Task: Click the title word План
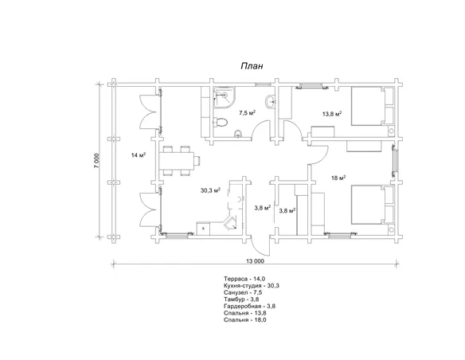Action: pyautogui.click(x=252, y=66)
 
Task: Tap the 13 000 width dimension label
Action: pyautogui.click(x=255, y=261)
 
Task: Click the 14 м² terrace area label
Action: pyautogui.click(x=138, y=155)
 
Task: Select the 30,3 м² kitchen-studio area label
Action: pyautogui.click(x=210, y=190)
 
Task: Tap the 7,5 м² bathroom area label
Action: pyautogui.click(x=248, y=113)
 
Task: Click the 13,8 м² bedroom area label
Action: pyautogui.click(x=332, y=114)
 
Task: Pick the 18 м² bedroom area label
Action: pyautogui.click(x=338, y=178)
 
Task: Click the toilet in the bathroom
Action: pyautogui.click(x=220, y=122)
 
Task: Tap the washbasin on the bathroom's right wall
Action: pyautogui.click(x=271, y=102)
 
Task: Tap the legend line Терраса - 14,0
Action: pyautogui.click(x=244, y=279)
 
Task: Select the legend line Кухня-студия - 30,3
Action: pyautogui.click(x=252, y=286)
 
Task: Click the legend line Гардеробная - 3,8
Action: pyautogui.click(x=249, y=306)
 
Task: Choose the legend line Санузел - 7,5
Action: pyautogui.click(x=243, y=292)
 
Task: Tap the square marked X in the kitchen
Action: pyautogui.click(x=204, y=229)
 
